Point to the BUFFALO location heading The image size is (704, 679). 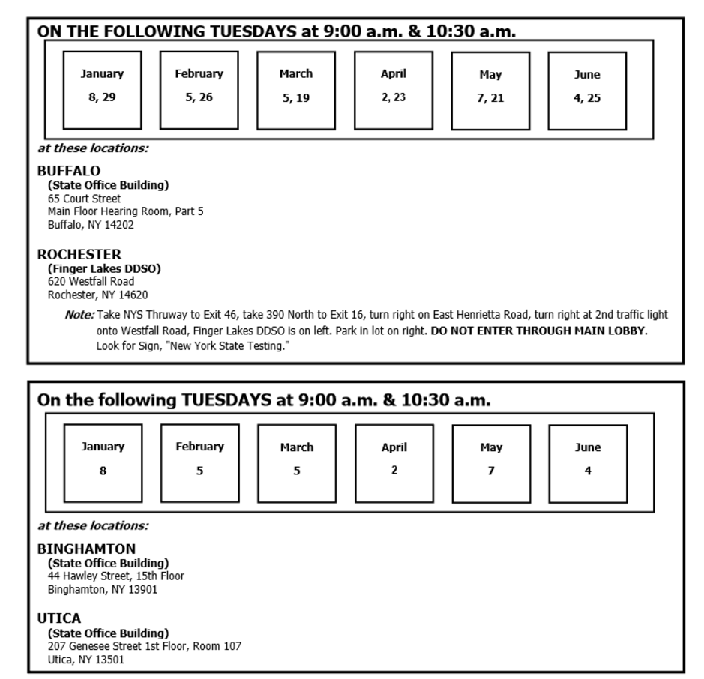(x=69, y=171)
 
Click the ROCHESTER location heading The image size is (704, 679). (x=79, y=255)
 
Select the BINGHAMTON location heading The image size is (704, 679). (x=86, y=549)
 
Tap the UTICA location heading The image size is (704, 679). (x=59, y=619)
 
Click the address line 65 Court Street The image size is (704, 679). (x=84, y=199)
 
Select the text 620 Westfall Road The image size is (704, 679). (x=91, y=281)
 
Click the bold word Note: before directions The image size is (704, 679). (x=80, y=315)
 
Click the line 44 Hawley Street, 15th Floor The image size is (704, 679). (x=115, y=576)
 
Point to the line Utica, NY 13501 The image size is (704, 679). (x=86, y=660)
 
